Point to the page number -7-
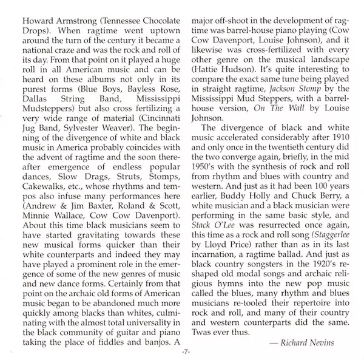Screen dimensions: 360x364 click(x=182, y=354)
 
